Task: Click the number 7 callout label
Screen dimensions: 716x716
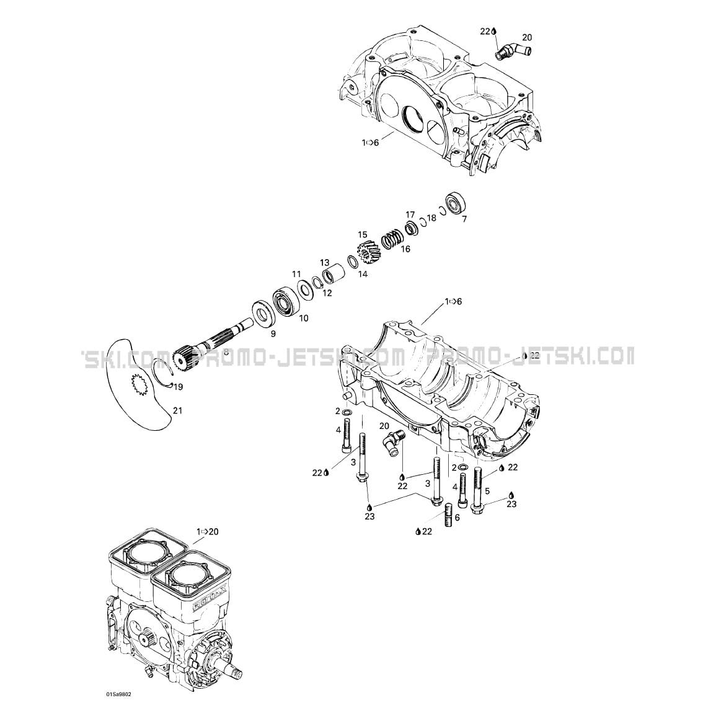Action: pyautogui.click(x=464, y=219)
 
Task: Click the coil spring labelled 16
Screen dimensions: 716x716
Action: pyautogui.click(x=392, y=237)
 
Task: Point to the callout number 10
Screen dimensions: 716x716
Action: pyautogui.click(x=304, y=319)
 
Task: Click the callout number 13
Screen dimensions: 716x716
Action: pyautogui.click(x=325, y=262)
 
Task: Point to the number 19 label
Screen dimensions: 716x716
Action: pyautogui.click(x=179, y=387)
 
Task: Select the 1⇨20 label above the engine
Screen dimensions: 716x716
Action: pyautogui.click(x=208, y=532)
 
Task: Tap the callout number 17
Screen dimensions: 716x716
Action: pyautogui.click(x=410, y=214)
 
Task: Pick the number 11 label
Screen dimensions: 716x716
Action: pyautogui.click(x=296, y=274)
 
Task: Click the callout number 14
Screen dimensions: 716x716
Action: pyautogui.click(x=363, y=273)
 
